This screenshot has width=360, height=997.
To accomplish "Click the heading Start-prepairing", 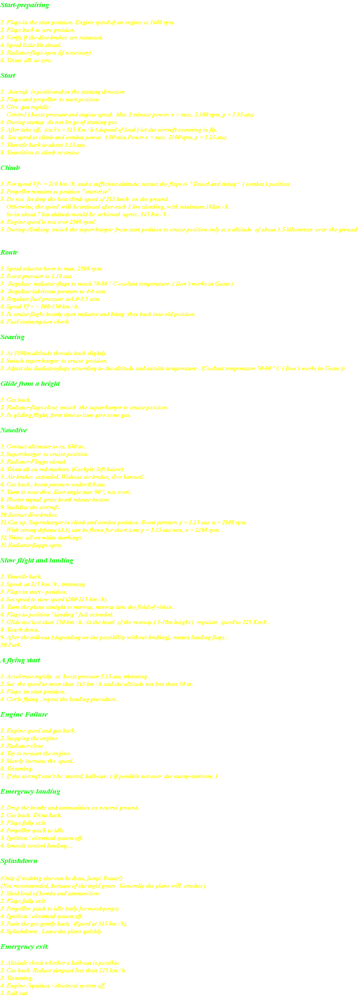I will tap(25, 5).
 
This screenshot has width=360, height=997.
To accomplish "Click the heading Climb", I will tap(10, 168).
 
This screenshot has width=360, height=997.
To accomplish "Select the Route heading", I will tap(9, 252).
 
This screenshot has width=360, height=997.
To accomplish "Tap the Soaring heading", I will tap(13, 337).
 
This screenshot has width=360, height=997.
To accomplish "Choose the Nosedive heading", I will tap(14, 430).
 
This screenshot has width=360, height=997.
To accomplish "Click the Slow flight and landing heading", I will tap(37, 561).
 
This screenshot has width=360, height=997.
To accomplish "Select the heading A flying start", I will tap(20, 660).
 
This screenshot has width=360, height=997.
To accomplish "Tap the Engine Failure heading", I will tap(24, 714).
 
